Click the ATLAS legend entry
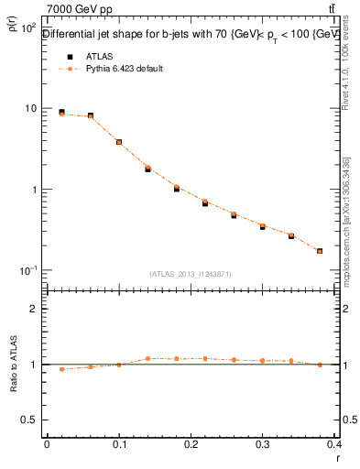(98, 56)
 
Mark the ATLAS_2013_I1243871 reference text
(191, 274)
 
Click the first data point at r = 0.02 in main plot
(61, 113)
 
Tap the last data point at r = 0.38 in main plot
(320, 251)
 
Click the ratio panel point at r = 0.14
(147, 358)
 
